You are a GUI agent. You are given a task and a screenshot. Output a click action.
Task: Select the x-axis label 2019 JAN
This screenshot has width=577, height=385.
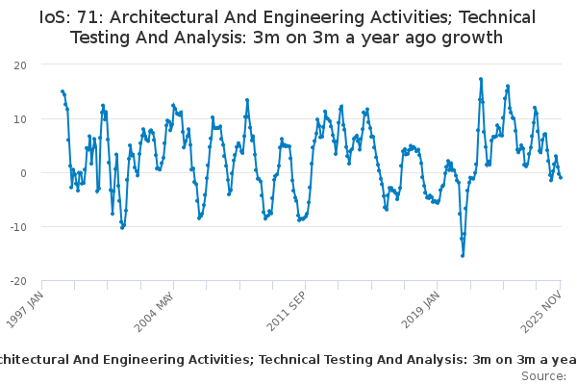[x=418, y=311]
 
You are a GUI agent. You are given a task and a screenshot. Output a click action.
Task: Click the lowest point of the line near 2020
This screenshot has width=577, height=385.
[x=463, y=255]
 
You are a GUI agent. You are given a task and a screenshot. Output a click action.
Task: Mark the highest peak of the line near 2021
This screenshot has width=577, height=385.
[x=481, y=79]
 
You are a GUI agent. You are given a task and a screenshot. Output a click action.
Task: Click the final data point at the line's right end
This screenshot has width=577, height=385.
[x=561, y=177]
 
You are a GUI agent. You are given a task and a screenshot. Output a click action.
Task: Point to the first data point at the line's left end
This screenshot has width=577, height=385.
[x=63, y=91]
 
